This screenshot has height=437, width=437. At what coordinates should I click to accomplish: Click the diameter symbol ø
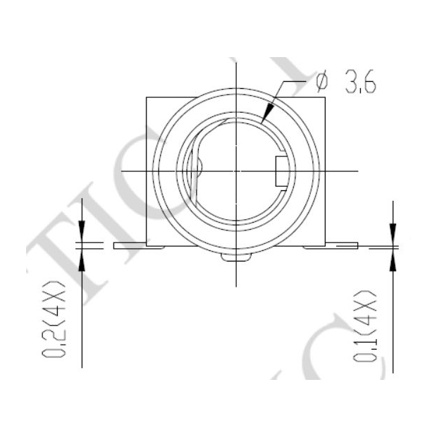pyautogui.click(x=322, y=82)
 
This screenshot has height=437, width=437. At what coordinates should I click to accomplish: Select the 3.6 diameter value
pyautogui.click(x=359, y=83)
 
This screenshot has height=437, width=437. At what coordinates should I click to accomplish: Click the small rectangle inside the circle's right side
pyautogui.click(x=279, y=170)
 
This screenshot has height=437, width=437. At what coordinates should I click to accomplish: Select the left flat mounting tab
pyautogui.click(x=131, y=245)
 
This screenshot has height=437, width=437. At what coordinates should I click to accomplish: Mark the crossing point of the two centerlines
pyautogui.click(x=234, y=171)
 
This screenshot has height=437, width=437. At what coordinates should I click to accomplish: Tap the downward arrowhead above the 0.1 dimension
pyautogui.click(x=392, y=235)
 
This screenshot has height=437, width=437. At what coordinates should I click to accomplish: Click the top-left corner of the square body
pyautogui.click(x=146, y=97)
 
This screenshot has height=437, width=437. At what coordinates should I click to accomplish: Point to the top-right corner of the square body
pyautogui.click(x=326, y=97)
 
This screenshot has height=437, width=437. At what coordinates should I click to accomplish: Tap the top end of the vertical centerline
pyautogui.click(x=234, y=59)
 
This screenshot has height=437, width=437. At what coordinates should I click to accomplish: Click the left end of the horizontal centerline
pyautogui.click(x=121, y=171)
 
